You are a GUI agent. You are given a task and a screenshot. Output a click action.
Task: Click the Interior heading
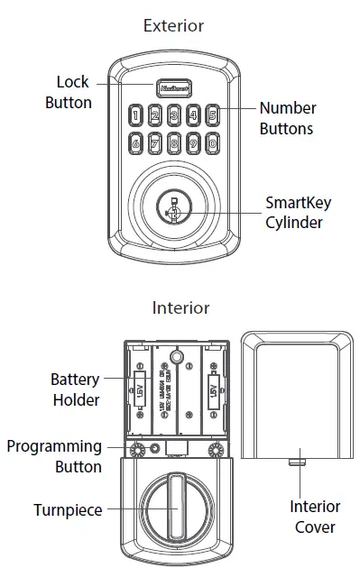(x=180, y=307)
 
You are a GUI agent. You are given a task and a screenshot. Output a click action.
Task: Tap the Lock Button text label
(x=69, y=93)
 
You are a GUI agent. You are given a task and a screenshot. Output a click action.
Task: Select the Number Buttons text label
(x=286, y=118)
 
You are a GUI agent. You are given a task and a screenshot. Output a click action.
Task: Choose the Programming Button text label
(x=54, y=455)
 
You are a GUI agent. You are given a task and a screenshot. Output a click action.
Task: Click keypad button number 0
(x=213, y=142)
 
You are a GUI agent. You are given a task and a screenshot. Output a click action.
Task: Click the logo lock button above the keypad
(x=174, y=89)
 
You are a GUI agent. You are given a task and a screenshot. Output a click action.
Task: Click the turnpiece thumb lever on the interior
(x=174, y=509)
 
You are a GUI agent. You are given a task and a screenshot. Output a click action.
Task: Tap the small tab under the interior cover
(x=294, y=461)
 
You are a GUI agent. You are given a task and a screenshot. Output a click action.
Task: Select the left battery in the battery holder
(x=141, y=393)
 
